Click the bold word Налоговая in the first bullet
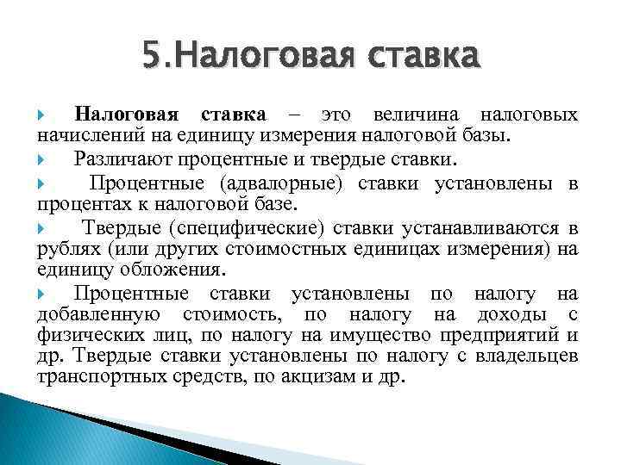[126, 115]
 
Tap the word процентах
[78, 205]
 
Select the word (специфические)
[234, 227]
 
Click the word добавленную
[95, 315]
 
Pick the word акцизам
[307, 378]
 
